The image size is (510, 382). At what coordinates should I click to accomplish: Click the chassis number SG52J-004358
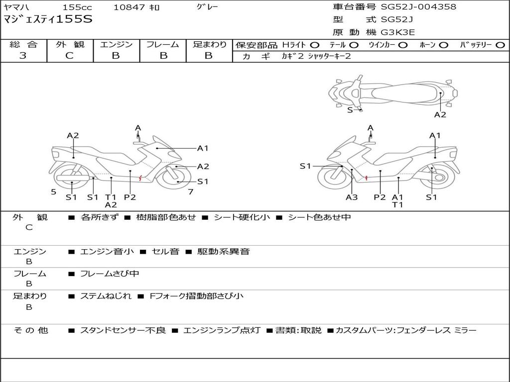[x=418, y=7]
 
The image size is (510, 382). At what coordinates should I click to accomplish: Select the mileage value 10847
[x=128, y=7]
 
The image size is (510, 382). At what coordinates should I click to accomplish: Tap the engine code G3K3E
[x=397, y=32]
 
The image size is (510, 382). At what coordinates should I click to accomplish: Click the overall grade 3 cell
[x=23, y=56]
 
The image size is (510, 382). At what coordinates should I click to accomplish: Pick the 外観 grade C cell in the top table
[x=70, y=56]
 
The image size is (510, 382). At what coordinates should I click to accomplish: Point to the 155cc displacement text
[x=77, y=7]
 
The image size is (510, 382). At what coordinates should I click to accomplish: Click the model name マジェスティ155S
[x=48, y=20]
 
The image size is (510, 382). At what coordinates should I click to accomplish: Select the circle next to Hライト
[x=315, y=45]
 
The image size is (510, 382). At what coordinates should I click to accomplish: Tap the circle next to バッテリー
[x=500, y=45]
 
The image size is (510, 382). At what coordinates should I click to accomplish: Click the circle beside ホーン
[x=444, y=45]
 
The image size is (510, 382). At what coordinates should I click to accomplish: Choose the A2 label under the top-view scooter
[x=440, y=115]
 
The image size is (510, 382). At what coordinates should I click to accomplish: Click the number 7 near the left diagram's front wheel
[x=190, y=191]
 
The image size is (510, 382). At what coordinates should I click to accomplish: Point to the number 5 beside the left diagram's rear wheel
[x=53, y=192]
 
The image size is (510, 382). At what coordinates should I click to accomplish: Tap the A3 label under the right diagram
[x=352, y=197]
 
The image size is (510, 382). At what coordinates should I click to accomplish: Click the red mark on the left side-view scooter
[x=140, y=178]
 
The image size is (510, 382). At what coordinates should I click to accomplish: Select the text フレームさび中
[x=110, y=274]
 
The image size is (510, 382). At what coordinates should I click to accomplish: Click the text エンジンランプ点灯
[x=222, y=330]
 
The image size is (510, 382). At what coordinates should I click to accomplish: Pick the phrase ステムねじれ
[x=106, y=296]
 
